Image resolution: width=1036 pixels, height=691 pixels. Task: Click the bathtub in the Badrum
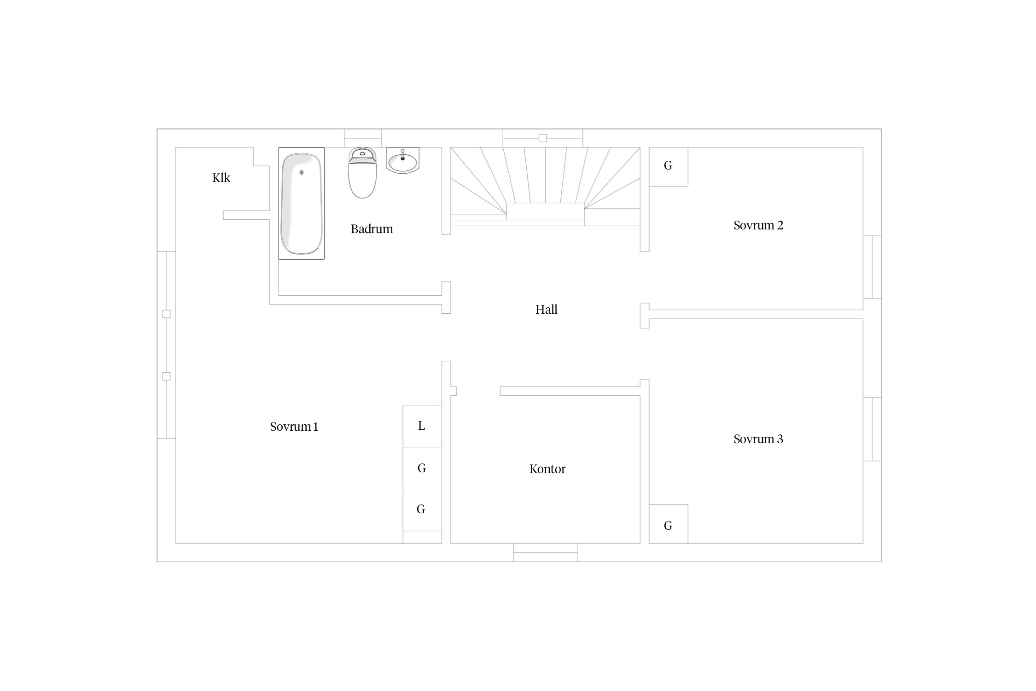coord(302,203)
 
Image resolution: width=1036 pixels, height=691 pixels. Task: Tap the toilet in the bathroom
coord(362,173)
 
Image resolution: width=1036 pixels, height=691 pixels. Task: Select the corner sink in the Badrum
coord(402,160)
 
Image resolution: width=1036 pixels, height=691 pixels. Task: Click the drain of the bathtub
coord(302,172)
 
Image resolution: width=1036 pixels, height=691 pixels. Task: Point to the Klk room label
coord(221,178)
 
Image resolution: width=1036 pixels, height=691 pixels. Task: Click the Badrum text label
coord(372,229)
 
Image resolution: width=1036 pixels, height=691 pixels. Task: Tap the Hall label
coord(547,310)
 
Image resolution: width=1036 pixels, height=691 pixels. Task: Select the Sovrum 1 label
coord(294,427)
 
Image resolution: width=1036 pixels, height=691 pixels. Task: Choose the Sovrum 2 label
coord(758,225)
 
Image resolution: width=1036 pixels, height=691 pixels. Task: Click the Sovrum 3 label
coord(758,439)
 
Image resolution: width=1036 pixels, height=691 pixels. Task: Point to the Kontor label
coord(547,469)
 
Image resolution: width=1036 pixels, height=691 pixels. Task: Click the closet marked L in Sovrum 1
coord(422,426)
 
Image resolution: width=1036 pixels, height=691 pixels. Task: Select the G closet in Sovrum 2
coord(669,167)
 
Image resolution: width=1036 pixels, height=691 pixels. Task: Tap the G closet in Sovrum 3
coord(669,524)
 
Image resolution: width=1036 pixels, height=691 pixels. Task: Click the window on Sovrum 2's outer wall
coord(872,267)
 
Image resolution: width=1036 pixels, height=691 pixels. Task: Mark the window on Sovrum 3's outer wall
coord(872,429)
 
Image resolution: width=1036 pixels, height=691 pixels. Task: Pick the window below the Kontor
coord(546,553)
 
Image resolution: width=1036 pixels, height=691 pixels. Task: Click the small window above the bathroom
coord(363,138)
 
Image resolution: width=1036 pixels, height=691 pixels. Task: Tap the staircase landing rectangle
coord(546,211)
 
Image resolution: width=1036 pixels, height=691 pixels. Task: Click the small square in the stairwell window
coord(543,138)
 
